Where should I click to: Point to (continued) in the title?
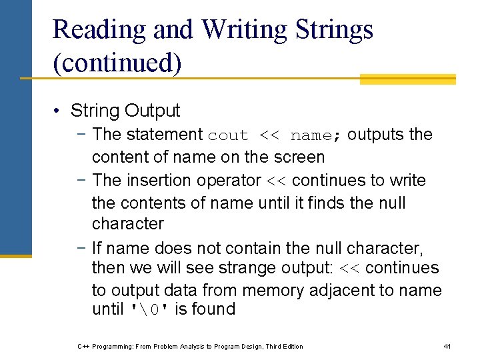pos(117,63)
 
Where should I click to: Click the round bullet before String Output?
pos(59,111)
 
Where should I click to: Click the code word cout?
pos(228,135)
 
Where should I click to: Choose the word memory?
pos(271,291)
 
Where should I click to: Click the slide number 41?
pos(447,347)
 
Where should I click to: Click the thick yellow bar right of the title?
pos(407,79)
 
